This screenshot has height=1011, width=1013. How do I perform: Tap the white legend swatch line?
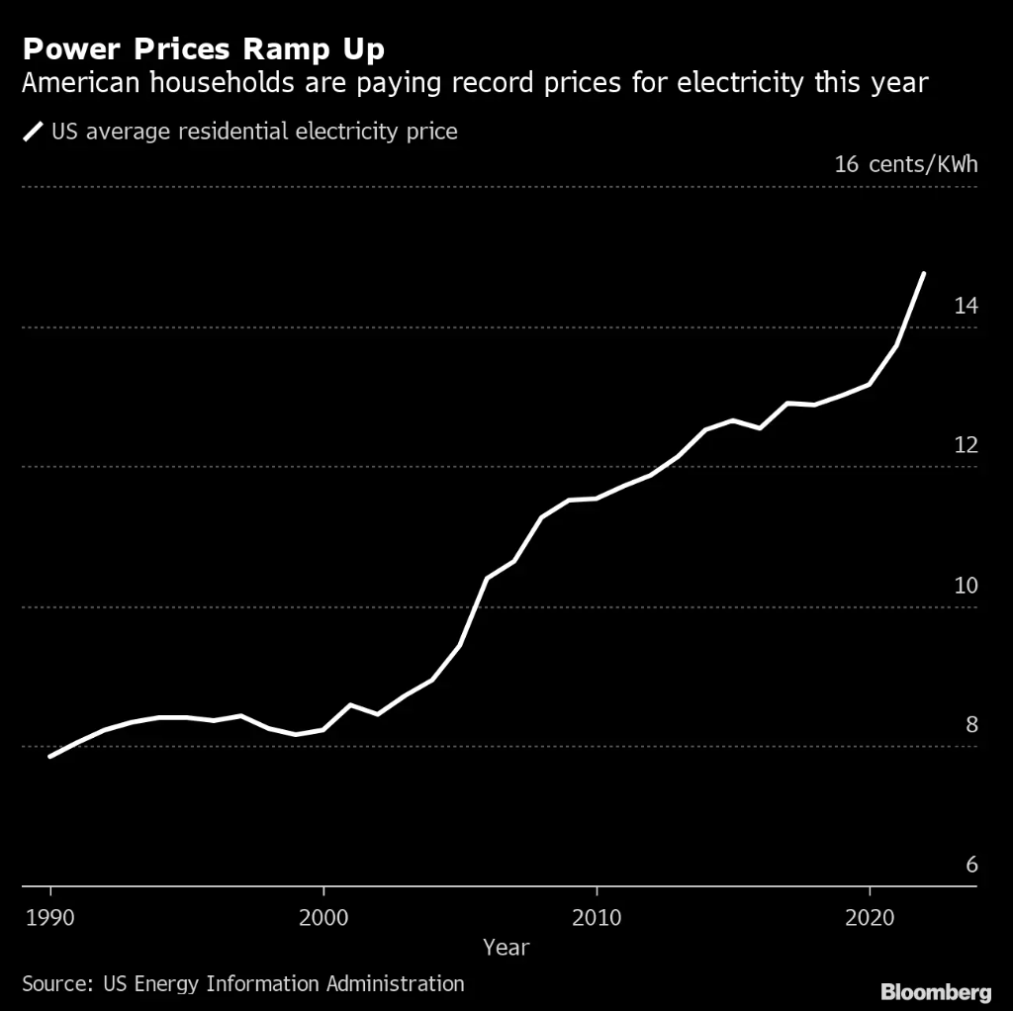(34, 131)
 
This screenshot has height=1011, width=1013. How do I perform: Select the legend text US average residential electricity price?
(254, 131)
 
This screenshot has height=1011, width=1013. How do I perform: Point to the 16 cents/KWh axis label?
(905, 163)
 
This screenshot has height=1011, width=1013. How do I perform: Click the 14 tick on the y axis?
(966, 306)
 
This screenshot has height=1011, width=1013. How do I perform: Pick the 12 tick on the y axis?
(966, 445)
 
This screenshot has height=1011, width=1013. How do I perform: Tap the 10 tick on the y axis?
(966, 585)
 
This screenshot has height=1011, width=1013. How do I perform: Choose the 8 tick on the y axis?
(971, 725)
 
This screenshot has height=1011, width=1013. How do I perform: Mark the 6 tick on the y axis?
(971, 865)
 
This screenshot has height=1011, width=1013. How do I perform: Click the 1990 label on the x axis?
(49, 916)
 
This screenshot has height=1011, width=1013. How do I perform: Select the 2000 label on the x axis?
(322, 916)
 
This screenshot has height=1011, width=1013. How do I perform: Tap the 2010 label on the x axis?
(597, 916)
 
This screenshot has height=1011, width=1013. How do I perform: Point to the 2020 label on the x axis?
(870, 916)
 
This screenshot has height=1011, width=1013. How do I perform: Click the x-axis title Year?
(506, 948)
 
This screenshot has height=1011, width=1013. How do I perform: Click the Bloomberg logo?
(936, 991)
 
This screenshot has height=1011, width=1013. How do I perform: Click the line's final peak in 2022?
(924, 273)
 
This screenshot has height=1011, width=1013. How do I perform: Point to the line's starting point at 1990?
(49, 757)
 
